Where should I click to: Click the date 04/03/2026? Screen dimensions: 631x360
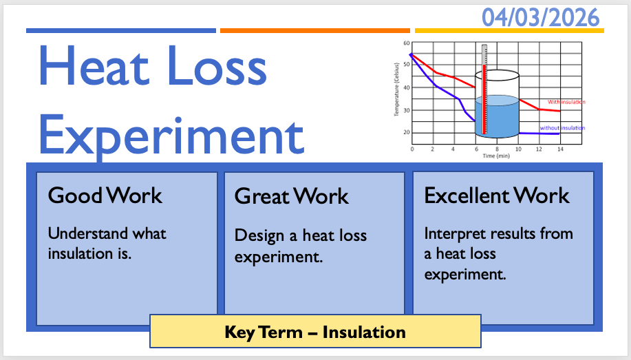pos(540,18)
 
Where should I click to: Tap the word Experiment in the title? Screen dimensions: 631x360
pos(171,136)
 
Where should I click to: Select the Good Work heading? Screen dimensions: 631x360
pos(105,195)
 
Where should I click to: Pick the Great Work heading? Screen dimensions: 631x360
pos(291,196)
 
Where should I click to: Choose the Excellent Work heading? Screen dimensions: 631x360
pos(497,195)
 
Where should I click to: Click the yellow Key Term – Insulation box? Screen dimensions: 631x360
pos(315,331)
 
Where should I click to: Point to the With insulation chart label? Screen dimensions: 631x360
pos(566,103)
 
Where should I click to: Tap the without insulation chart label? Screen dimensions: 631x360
pos(562,128)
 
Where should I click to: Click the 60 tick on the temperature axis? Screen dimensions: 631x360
pos(407,43)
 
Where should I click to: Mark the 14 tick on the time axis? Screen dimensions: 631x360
pos(560,149)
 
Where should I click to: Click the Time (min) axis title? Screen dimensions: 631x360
pos(496,156)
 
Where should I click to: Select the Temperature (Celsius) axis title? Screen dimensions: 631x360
pos(396,89)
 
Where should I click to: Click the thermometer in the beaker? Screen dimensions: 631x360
pos(484,89)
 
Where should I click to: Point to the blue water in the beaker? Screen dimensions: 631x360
pos(497,117)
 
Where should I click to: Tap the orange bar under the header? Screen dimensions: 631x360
pos(315,30)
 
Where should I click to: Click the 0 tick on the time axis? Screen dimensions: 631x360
pos(412,149)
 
